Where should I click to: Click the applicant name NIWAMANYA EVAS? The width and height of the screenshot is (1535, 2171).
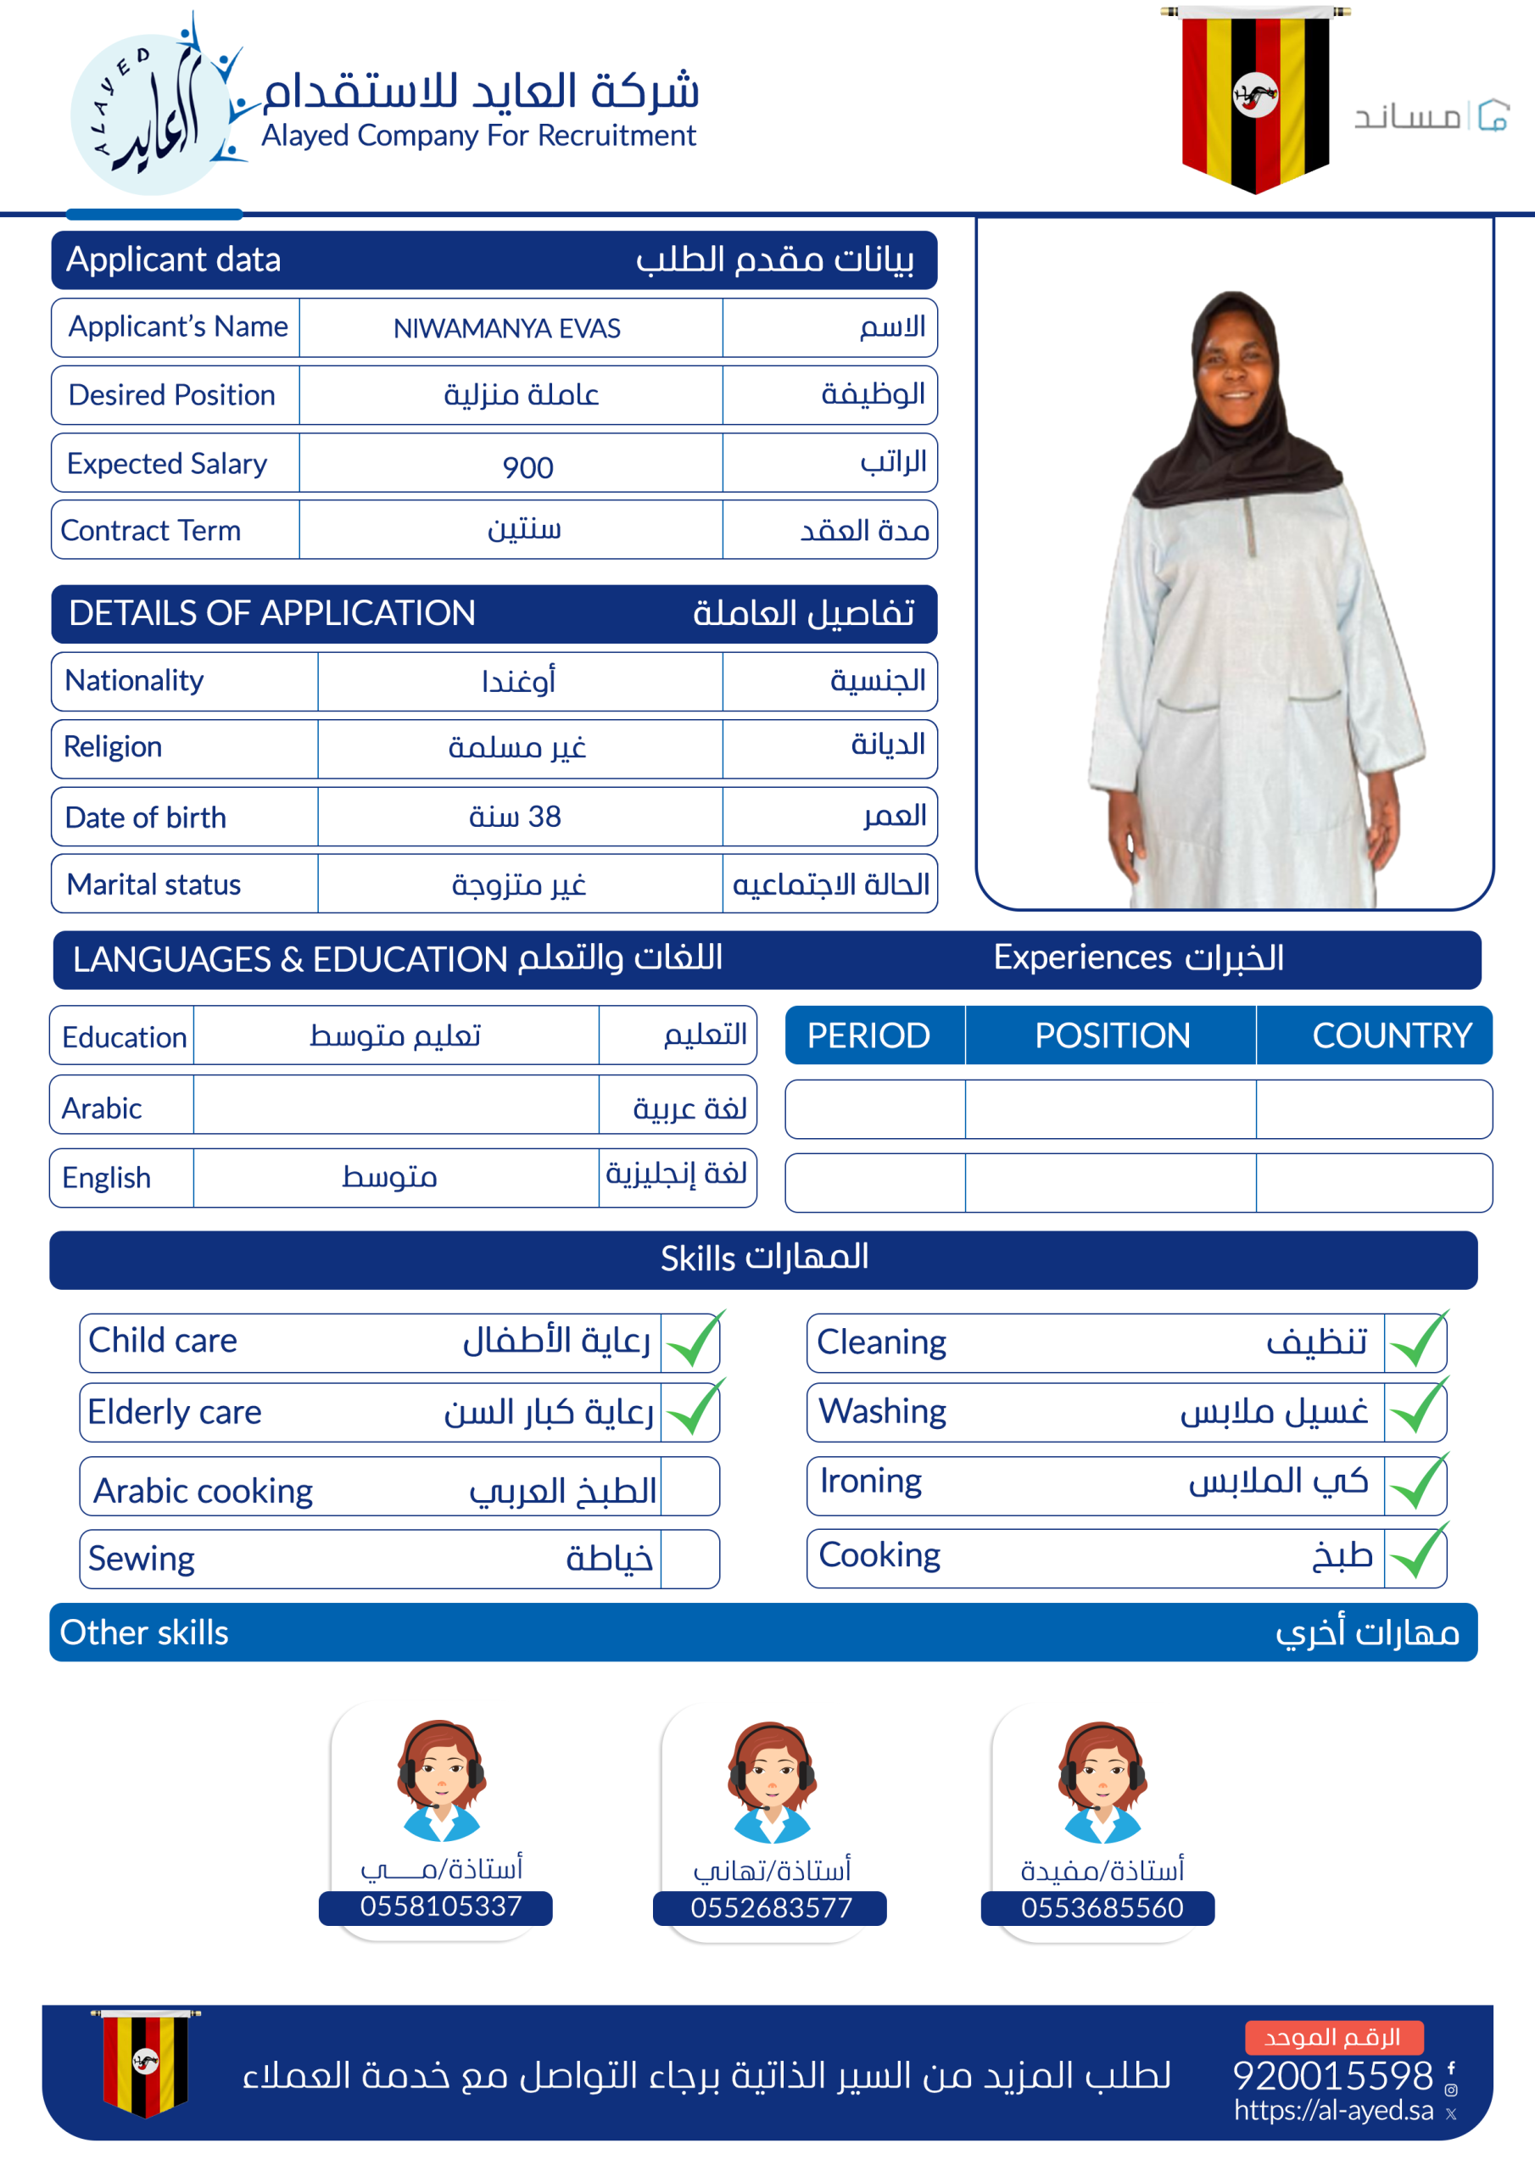[x=507, y=328]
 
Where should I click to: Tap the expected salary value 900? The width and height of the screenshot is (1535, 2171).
[x=527, y=467]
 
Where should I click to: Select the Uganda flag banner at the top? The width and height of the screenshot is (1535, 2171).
[x=1255, y=99]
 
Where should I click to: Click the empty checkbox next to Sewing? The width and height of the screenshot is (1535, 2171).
[x=689, y=1560]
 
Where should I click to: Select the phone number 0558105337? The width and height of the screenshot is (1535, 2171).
[x=440, y=1906]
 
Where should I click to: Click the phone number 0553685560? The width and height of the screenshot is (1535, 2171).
[x=1101, y=1908]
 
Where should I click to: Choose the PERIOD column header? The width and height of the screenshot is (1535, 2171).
[x=868, y=1035]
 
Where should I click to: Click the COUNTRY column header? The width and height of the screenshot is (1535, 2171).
[x=1391, y=1035]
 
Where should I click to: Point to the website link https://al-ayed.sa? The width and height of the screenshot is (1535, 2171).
[x=1332, y=2111]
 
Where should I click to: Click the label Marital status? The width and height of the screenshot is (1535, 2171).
[x=154, y=885]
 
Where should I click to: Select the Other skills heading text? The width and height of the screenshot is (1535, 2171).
[x=145, y=1633]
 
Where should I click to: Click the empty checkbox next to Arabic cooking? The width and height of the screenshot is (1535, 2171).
[x=689, y=1487]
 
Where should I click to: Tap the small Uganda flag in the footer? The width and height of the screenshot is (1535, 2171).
[x=145, y=2062]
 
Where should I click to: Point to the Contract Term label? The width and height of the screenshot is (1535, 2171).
[x=151, y=531]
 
